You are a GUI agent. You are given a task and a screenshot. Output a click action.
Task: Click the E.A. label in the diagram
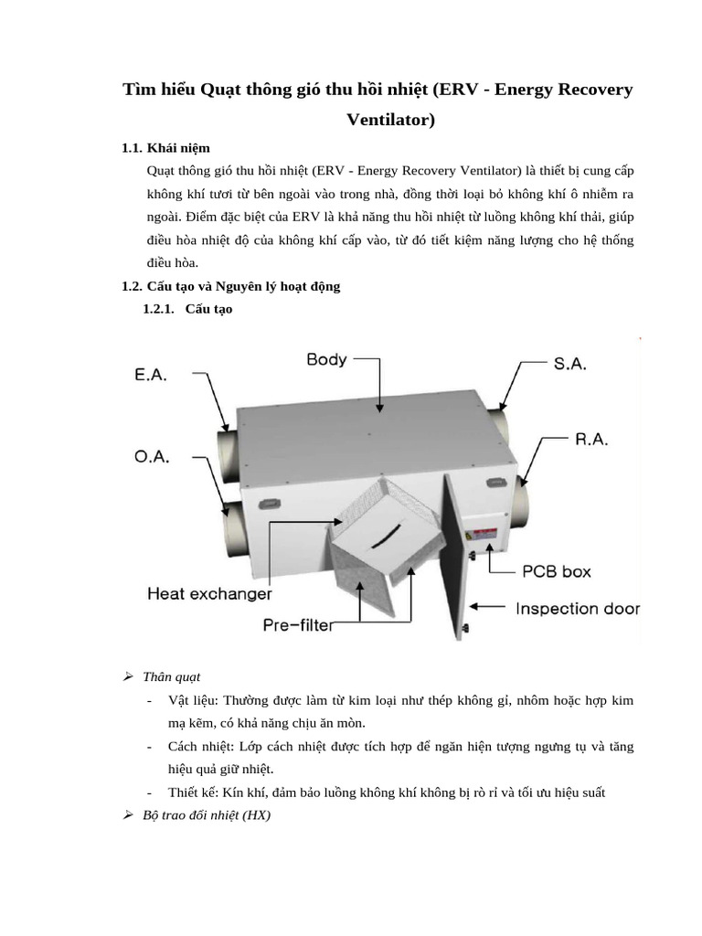click(x=151, y=376)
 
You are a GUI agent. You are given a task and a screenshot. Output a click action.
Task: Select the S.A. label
click(x=570, y=363)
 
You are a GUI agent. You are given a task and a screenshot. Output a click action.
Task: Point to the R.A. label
click(x=591, y=440)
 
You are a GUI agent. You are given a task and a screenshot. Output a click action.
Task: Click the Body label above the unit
click(x=326, y=359)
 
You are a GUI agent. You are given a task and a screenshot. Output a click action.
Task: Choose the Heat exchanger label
click(x=209, y=594)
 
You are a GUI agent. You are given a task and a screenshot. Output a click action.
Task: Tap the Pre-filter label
click(x=297, y=625)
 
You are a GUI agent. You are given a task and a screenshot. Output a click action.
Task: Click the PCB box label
click(x=556, y=572)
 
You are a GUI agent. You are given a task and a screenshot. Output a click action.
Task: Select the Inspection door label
click(x=577, y=609)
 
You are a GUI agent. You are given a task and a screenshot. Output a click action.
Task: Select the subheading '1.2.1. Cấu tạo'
click(x=187, y=309)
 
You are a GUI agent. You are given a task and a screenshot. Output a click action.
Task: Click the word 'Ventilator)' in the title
click(x=390, y=120)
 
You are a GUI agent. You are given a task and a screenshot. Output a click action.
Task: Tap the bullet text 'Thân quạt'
click(x=171, y=677)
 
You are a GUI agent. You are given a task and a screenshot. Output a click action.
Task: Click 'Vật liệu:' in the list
click(x=193, y=700)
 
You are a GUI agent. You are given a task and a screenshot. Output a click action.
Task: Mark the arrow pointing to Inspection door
click(x=489, y=606)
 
